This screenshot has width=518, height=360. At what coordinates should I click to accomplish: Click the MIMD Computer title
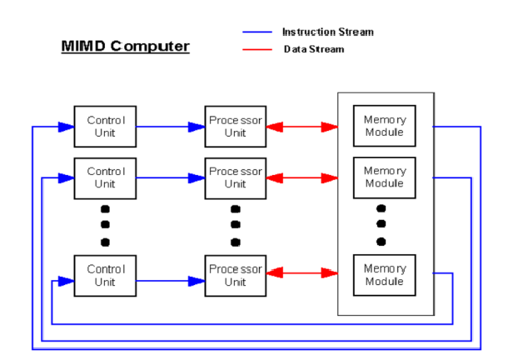click(125, 47)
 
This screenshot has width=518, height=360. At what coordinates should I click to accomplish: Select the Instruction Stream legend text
click(328, 32)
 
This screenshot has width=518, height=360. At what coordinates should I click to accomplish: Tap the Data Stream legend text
click(314, 49)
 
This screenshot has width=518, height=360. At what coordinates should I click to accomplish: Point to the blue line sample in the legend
click(257, 32)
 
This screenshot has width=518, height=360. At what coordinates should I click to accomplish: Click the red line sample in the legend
click(257, 50)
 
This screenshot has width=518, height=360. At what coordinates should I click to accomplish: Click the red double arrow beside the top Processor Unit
click(302, 127)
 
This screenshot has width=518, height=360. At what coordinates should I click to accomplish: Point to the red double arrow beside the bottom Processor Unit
click(302, 273)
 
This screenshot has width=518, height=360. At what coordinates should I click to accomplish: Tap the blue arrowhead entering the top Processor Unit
click(197, 127)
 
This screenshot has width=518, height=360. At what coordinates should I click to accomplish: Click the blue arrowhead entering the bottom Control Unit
click(66, 281)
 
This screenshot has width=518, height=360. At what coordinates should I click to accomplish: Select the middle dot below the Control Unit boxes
click(105, 225)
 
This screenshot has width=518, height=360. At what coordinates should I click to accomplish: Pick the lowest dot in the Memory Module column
click(381, 242)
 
